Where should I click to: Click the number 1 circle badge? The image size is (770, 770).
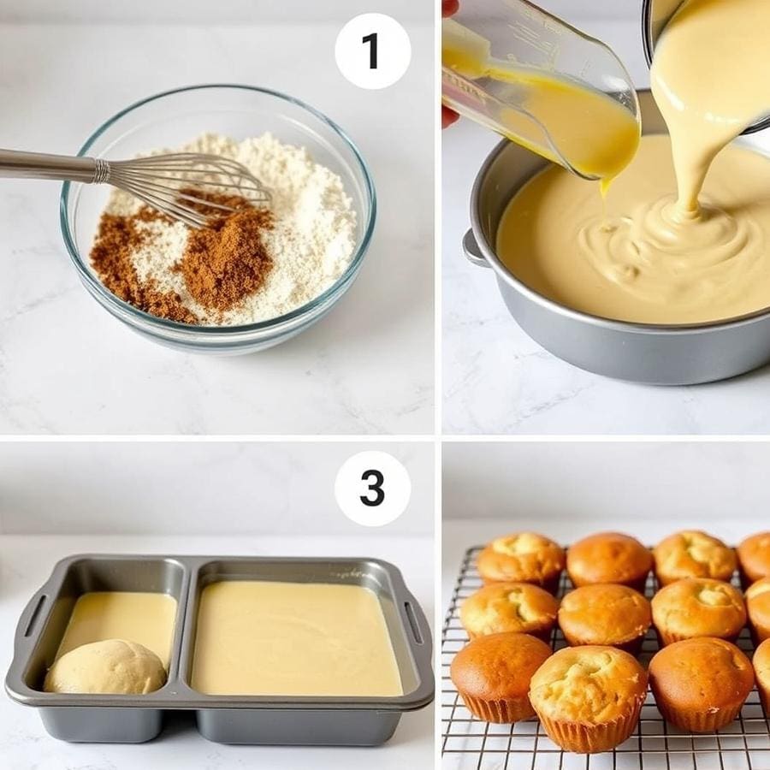point(372,50)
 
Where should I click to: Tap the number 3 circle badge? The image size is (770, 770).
point(372,489)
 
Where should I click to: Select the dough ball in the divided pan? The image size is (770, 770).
point(105,667)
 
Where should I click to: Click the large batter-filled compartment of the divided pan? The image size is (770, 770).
point(295,637)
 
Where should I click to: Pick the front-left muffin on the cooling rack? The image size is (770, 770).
point(500,676)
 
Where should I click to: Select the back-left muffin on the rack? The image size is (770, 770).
point(521,558)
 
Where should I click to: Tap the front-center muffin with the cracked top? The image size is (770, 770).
point(589,693)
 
